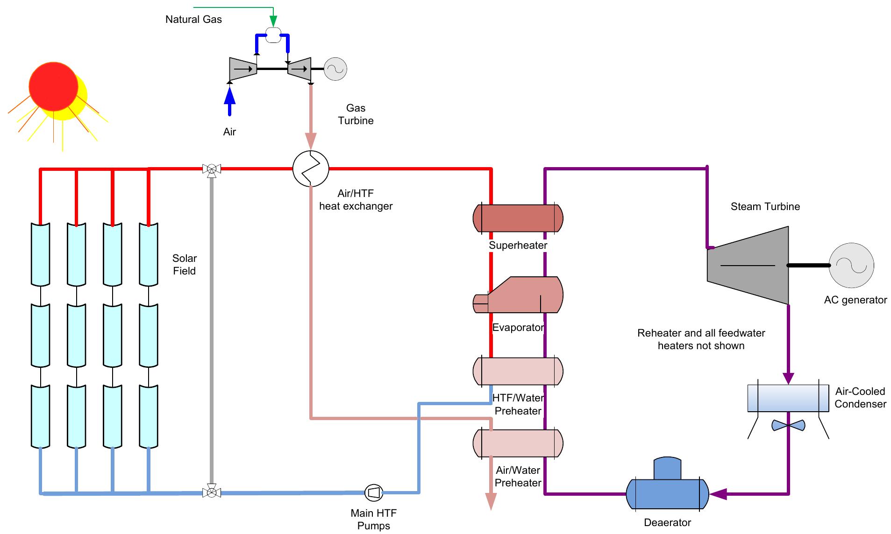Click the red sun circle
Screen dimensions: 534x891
click(x=53, y=86)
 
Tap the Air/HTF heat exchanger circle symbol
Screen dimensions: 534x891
click(x=311, y=169)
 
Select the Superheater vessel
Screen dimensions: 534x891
click(x=518, y=218)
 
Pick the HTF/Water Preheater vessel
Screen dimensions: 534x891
click(x=518, y=371)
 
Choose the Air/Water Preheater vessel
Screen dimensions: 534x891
click(x=518, y=443)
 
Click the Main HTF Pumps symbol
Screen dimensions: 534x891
click(x=373, y=492)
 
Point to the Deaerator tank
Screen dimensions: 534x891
click(x=667, y=493)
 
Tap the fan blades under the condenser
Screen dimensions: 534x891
click(x=788, y=425)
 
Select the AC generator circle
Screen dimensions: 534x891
click(x=851, y=265)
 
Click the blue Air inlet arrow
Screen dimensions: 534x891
click(x=229, y=98)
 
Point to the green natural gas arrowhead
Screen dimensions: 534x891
click(x=273, y=21)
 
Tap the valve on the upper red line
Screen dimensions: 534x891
click(x=212, y=169)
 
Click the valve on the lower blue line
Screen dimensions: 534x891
click(x=212, y=492)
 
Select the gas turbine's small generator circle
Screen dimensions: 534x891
click(x=335, y=69)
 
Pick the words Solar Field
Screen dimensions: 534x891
click(x=185, y=264)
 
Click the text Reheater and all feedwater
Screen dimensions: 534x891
click(x=701, y=333)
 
